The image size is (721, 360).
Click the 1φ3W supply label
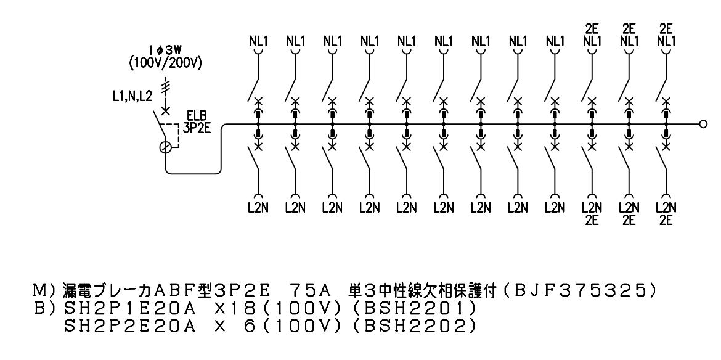click(x=166, y=50)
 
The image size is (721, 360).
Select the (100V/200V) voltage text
click(x=166, y=63)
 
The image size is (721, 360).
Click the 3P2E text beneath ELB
click(x=197, y=129)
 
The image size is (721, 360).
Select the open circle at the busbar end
click(x=703, y=124)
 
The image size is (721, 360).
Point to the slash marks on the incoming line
click(x=166, y=86)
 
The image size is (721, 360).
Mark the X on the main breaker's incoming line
click(x=166, y=110)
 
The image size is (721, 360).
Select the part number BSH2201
click(x=420, y=308)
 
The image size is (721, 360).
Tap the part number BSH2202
click(x=420, y=326)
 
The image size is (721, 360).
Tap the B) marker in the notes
click(x=44, y=308)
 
